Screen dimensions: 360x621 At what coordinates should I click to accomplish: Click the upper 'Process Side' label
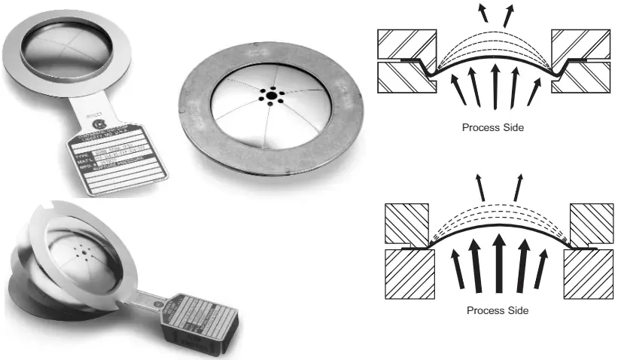493,127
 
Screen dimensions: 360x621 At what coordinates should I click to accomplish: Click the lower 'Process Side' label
498,310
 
